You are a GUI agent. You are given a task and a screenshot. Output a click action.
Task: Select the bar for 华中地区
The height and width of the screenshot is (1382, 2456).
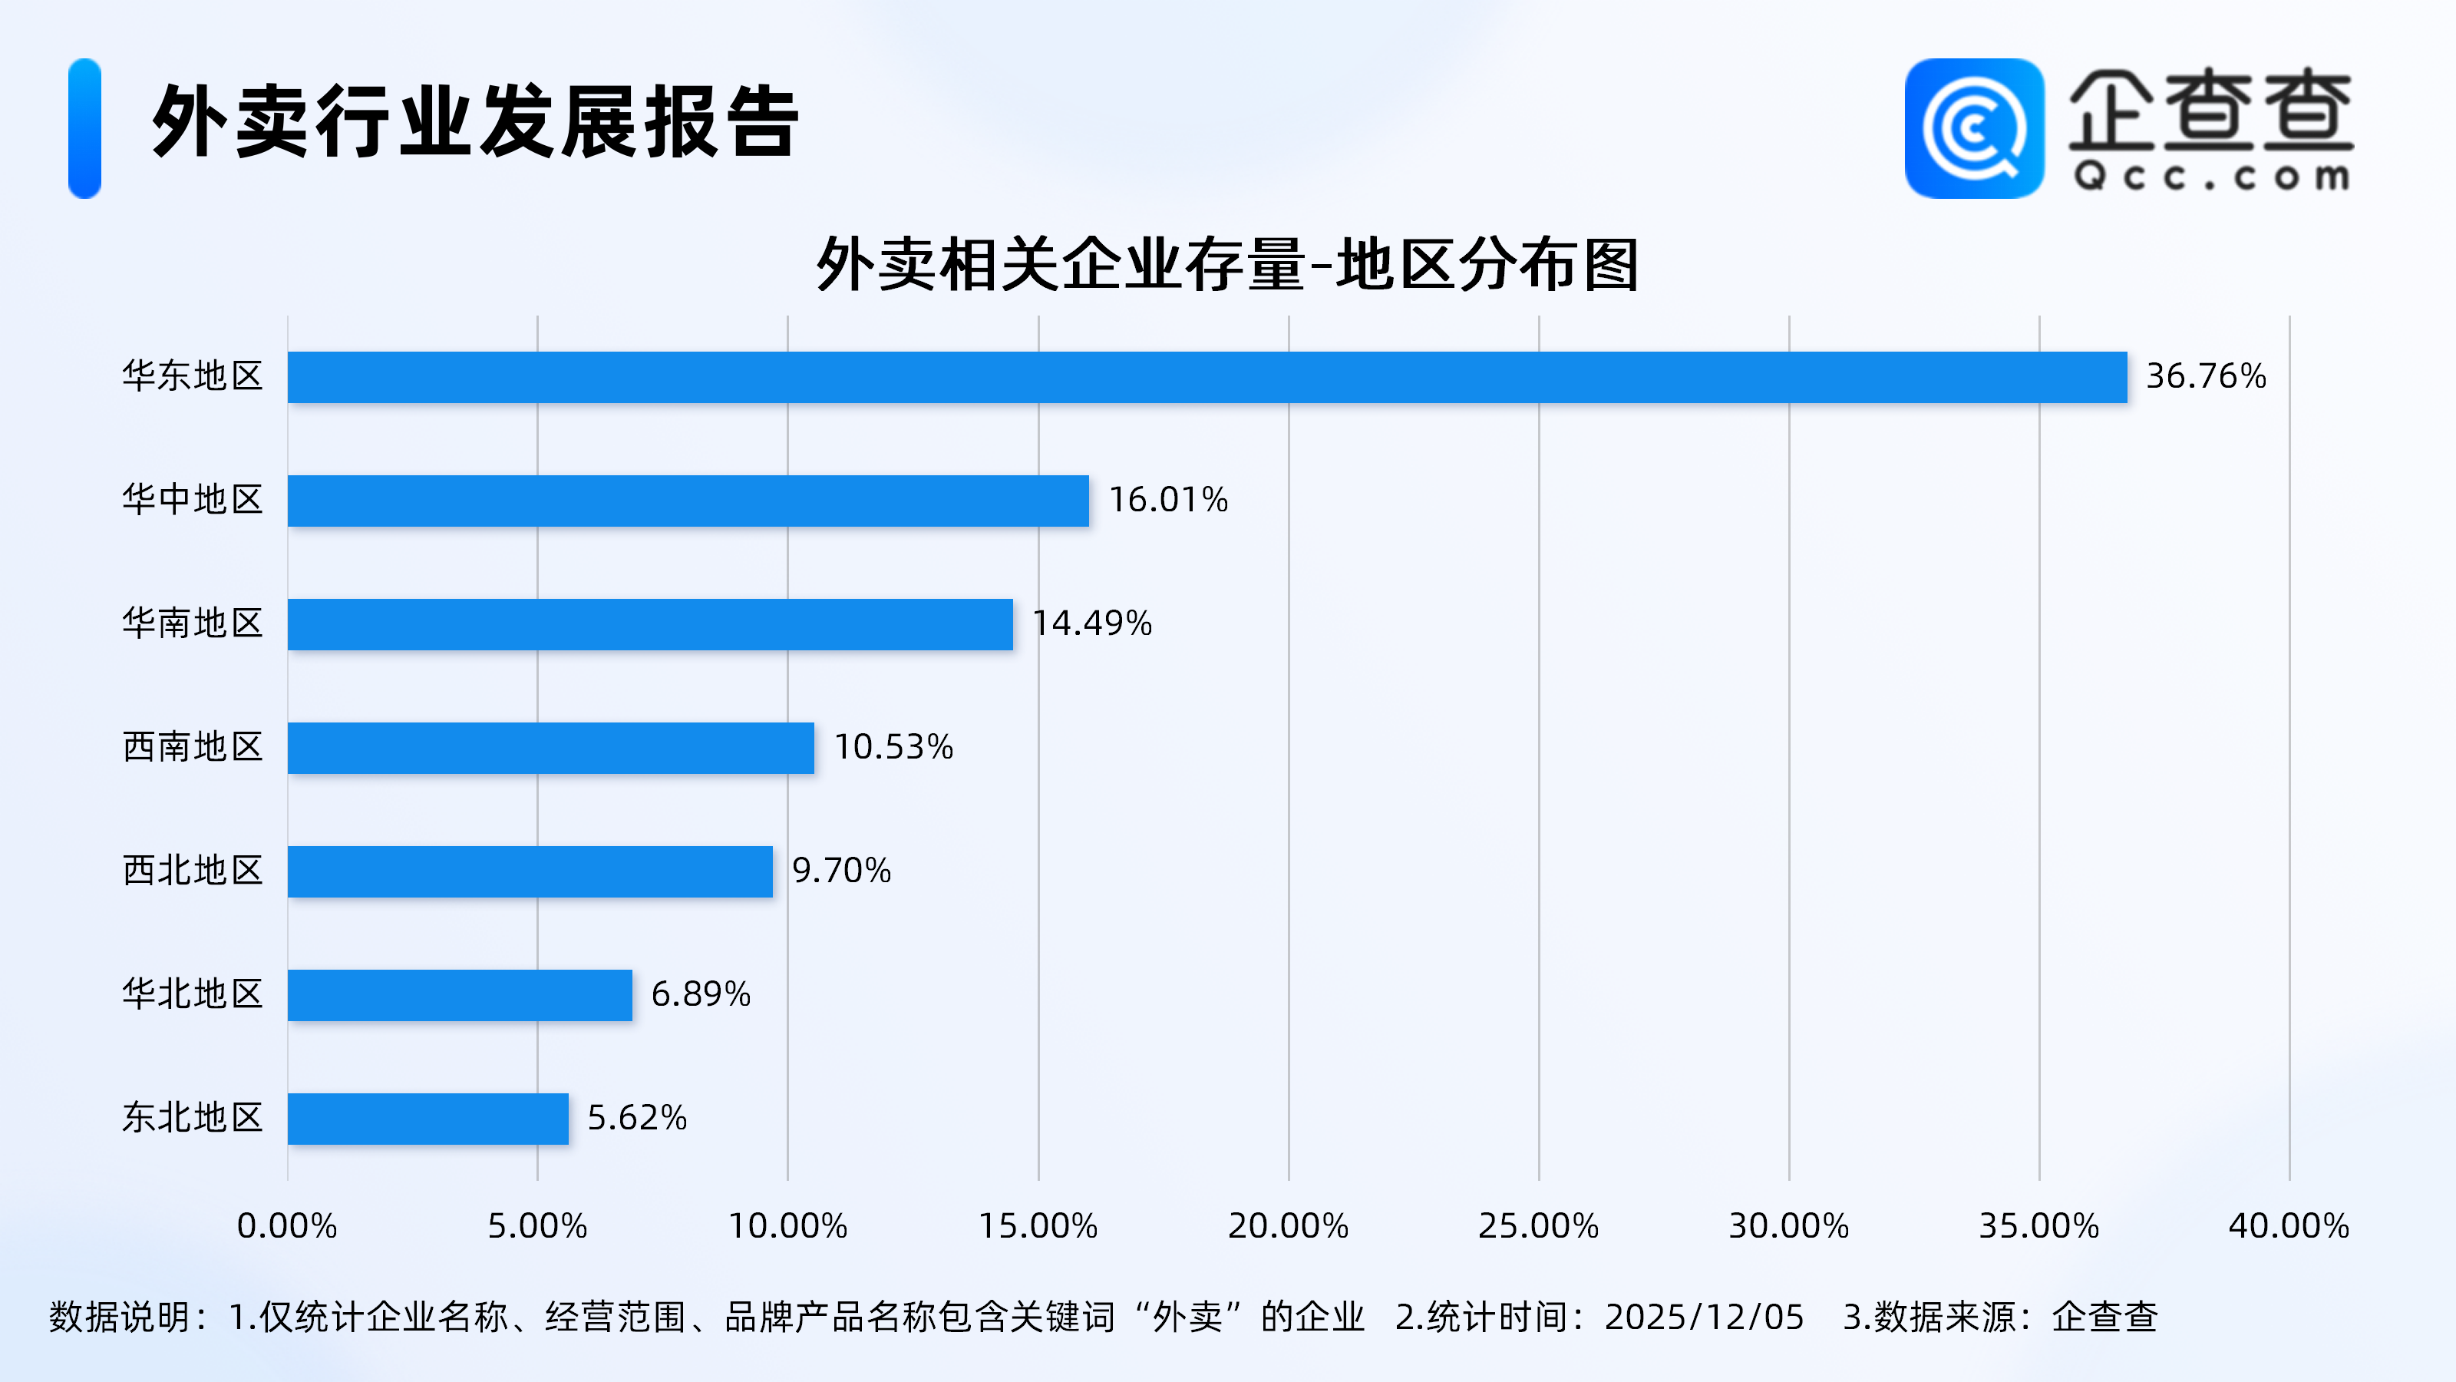pos(688,501)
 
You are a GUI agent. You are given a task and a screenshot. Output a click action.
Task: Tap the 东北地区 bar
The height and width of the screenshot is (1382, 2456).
pos(427,1119)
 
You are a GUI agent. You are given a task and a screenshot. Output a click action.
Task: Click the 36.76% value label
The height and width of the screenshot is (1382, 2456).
pos(2205,377)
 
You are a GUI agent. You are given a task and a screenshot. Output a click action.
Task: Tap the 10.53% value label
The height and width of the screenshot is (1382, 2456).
pos(893,748)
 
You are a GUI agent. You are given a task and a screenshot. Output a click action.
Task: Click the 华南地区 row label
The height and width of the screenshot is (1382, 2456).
pos(193,623)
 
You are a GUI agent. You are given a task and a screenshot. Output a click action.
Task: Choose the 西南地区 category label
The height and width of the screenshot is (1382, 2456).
pos(193,748)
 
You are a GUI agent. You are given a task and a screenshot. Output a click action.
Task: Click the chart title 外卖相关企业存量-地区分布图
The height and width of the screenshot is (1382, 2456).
pos(1227,264)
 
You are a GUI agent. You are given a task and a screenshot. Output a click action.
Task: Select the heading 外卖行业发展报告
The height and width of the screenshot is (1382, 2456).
pos(475,122)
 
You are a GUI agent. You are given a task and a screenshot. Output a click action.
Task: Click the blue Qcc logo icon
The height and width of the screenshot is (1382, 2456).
pos(1973,129)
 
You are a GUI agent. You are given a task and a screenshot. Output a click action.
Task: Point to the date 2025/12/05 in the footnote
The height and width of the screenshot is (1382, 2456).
pos(1704,1318)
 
